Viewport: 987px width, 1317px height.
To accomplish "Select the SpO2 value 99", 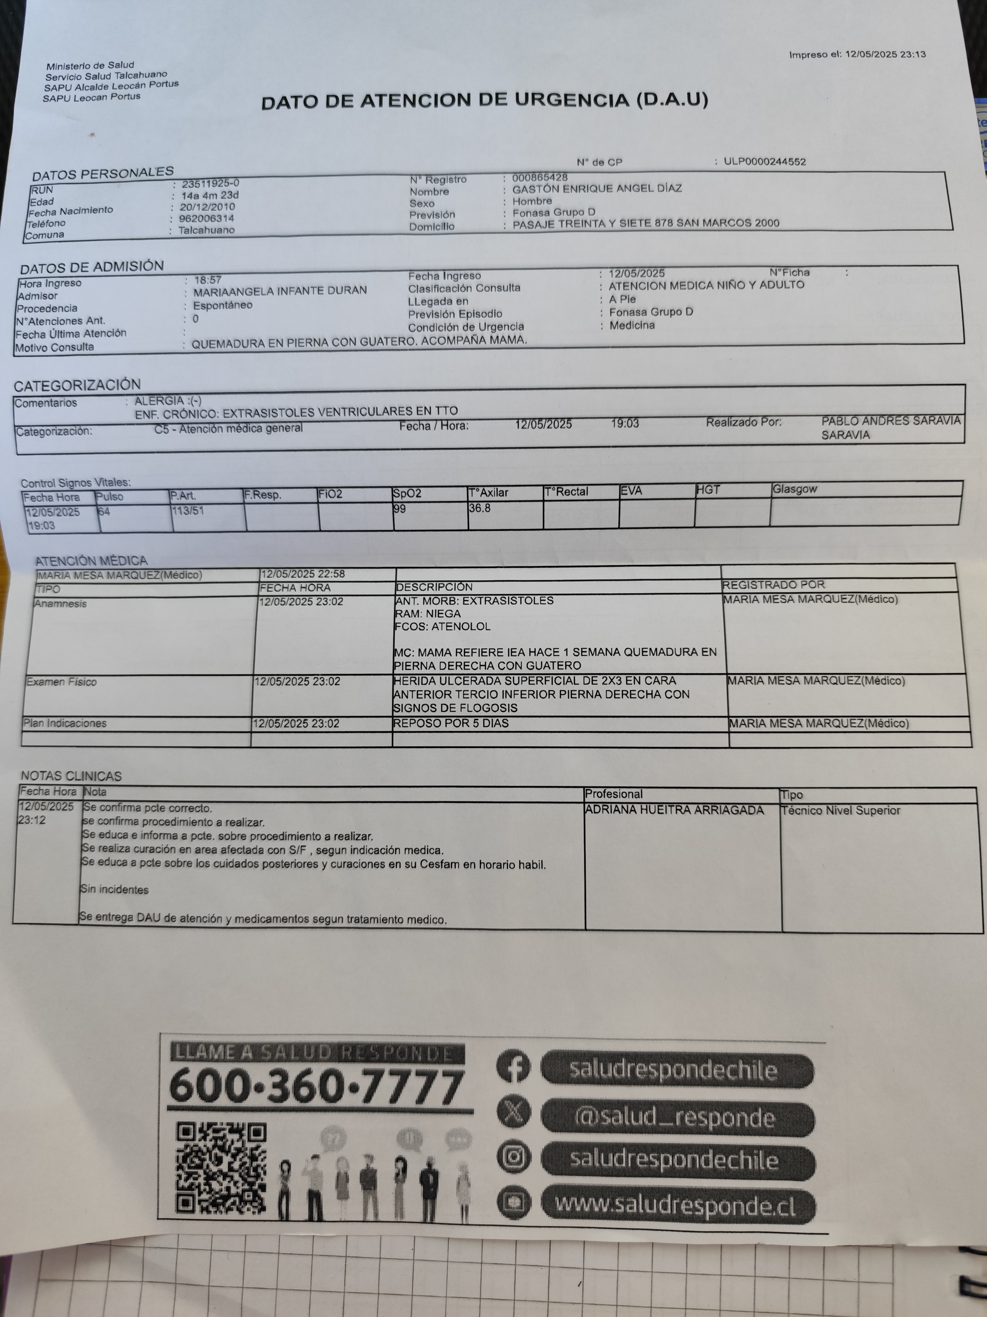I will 399,508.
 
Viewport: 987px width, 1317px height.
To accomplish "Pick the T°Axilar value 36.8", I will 480,508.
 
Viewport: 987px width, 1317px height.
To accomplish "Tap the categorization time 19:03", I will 625,423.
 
